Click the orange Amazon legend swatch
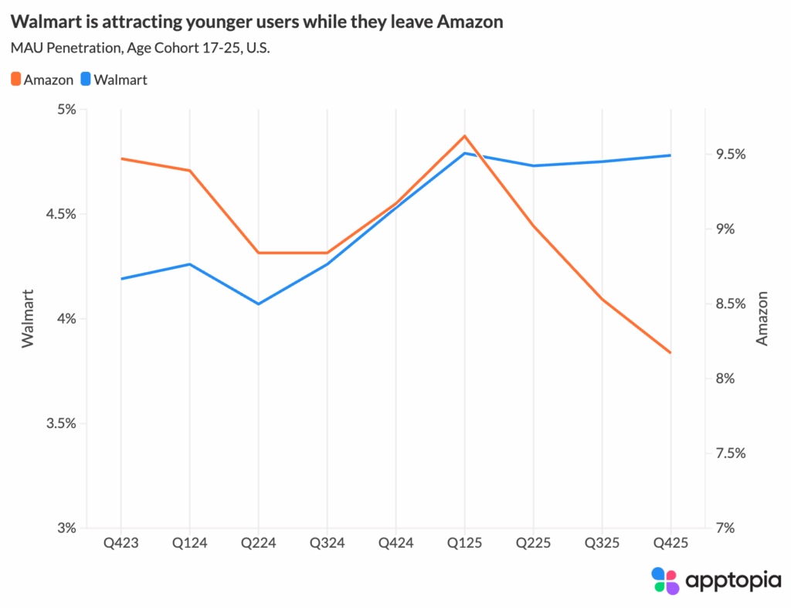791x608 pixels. point(16,79)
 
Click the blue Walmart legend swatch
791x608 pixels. point(87,79)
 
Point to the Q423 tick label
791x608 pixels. point(121,543)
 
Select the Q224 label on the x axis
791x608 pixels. point(258,543)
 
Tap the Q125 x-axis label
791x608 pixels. point(464,543)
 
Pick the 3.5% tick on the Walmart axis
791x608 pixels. point(61,424)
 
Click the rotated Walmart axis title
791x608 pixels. point(28,318)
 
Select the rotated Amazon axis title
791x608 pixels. point(762,318)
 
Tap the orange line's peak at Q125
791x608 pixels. point(464,136)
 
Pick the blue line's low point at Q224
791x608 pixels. point(258,304)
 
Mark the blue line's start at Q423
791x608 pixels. point(121,278)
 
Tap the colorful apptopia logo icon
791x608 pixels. point(665,580)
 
